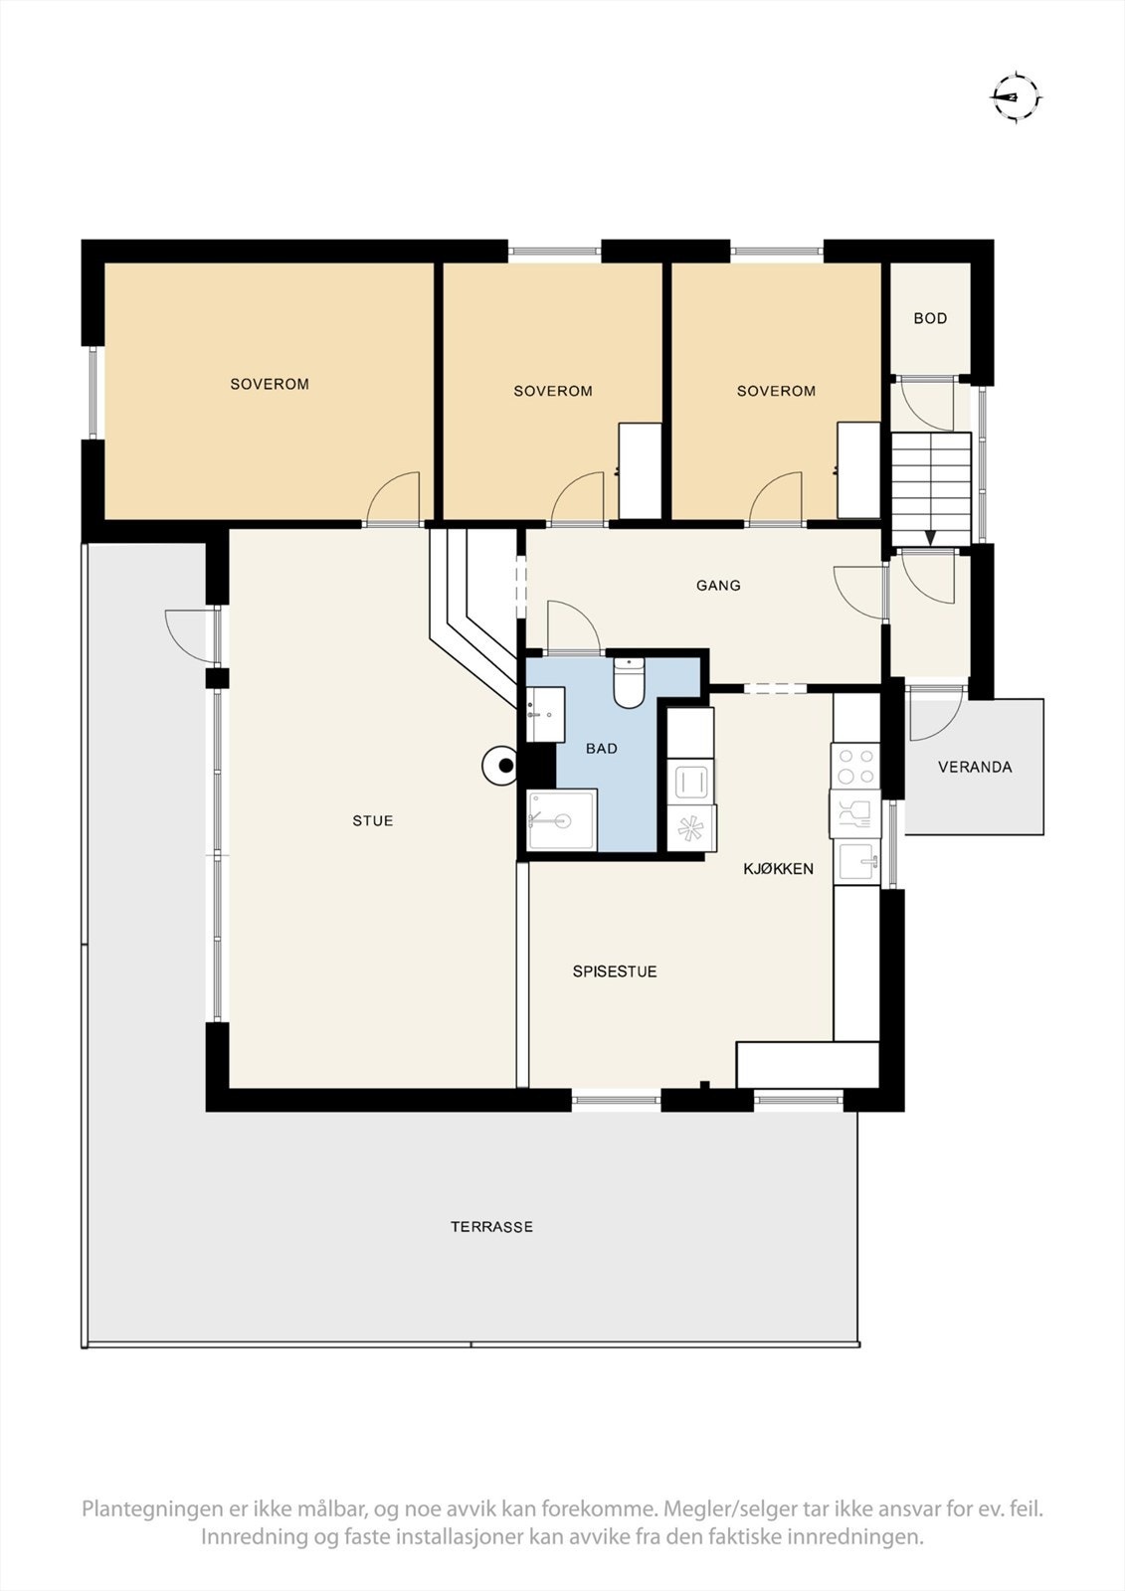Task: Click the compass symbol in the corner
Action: [x=1016, y=97]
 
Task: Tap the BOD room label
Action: [x=930, y=318]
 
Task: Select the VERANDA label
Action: [x=975, y=767]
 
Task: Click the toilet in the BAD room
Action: [x=629, y=683]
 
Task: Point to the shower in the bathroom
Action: [x=562, y=820]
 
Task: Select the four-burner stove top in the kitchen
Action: [x=855, y=766]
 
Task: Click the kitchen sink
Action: [x=856, y=859]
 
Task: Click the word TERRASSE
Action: [x=491, y=1227]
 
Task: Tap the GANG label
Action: [x=718, y=586]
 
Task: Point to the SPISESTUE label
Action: [x=615, y=972]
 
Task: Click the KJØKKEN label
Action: [x=779, y=868]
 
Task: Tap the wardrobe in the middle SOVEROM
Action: [x=640, y=470]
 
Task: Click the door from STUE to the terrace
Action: [x=189, y=634]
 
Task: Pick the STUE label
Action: [x=373, y=820]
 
